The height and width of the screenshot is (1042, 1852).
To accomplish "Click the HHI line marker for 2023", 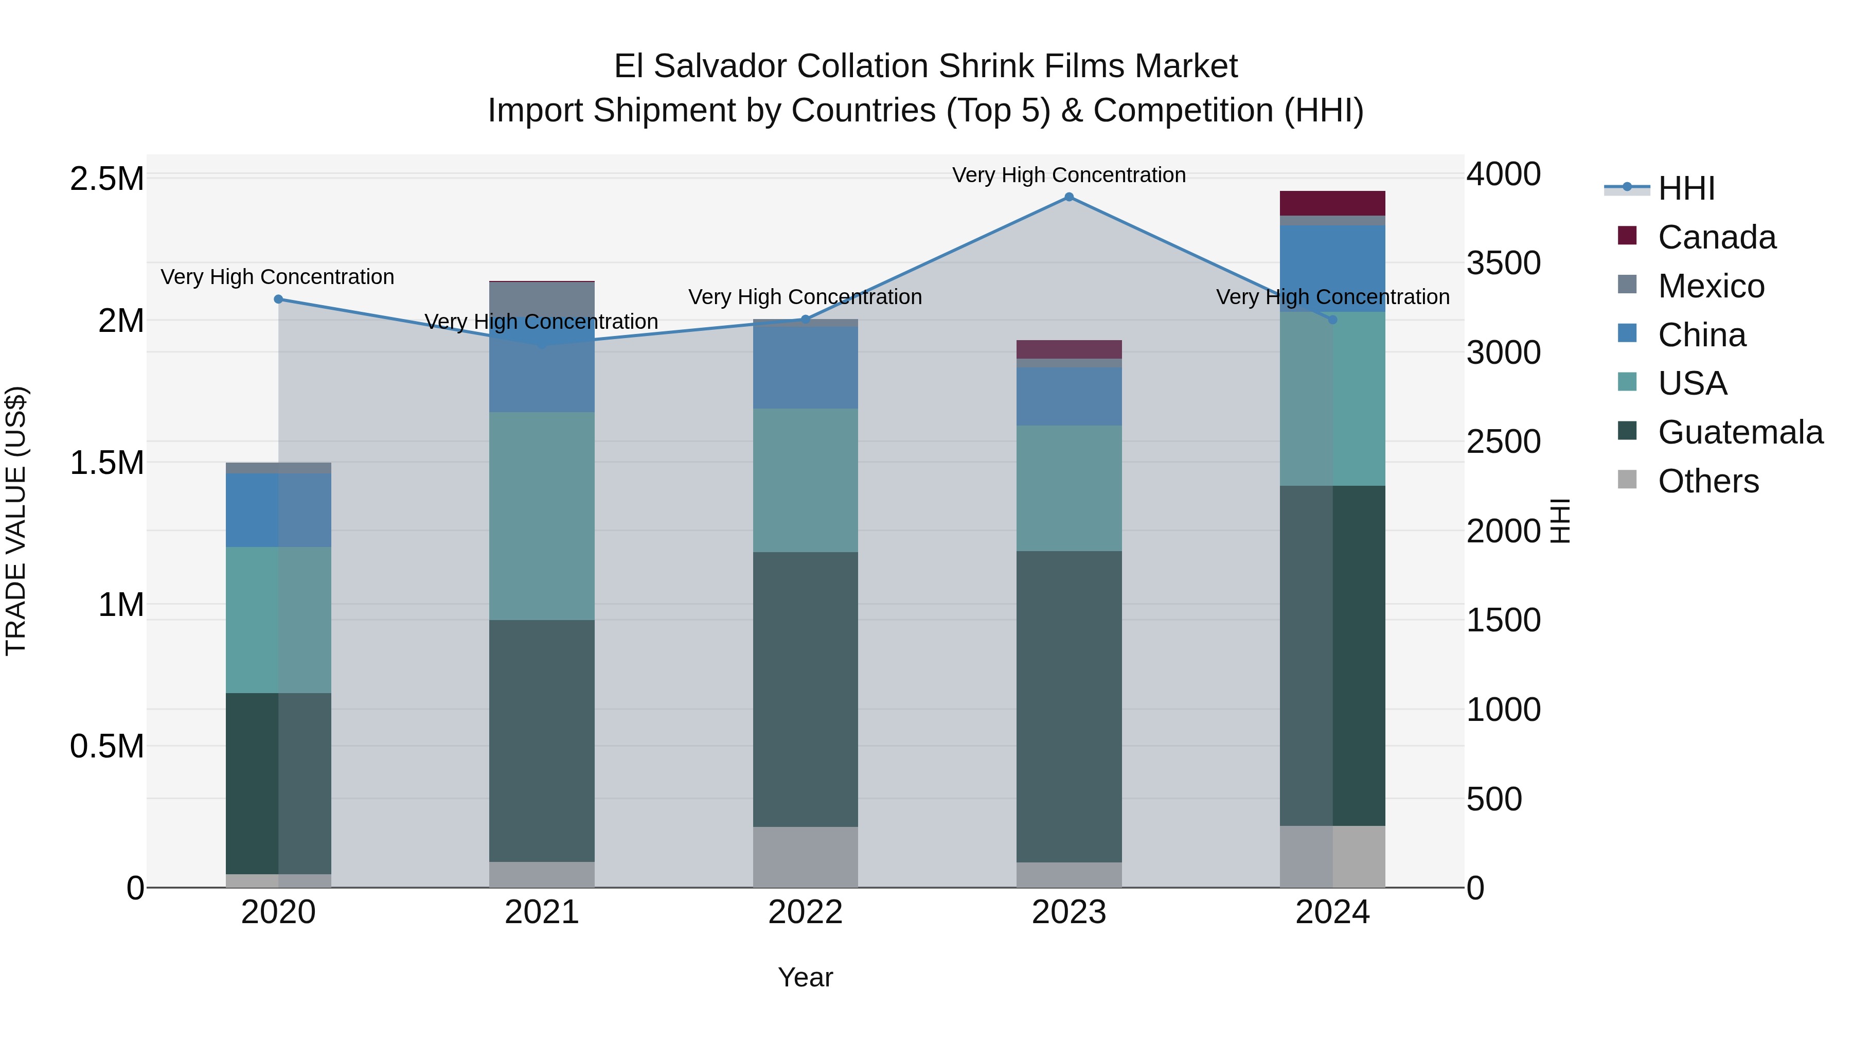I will point(1069,197).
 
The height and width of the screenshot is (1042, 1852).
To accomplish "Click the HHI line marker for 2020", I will point(278,299).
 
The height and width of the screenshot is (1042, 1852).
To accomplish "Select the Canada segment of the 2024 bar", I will point(1332,203).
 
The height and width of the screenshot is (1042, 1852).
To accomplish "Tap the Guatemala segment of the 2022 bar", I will point(805,689).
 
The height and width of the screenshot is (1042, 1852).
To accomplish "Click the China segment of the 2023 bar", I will point(1069,396).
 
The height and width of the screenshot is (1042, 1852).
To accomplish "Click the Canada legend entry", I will point(1716,237).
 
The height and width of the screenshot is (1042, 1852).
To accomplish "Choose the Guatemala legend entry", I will point(1740,432).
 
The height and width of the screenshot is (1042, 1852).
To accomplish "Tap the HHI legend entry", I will point(1686,188).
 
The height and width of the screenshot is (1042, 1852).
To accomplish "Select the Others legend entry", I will point(1707,481).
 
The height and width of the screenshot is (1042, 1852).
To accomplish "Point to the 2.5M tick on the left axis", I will point(106,179).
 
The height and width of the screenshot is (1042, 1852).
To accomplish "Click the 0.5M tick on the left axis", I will point(106,747).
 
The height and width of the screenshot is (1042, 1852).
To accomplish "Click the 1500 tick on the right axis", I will point(1503,620).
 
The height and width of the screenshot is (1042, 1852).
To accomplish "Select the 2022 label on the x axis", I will point(805,912).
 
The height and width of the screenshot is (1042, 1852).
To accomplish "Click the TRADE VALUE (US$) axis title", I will point(16,521).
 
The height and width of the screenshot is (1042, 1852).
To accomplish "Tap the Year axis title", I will point(805,977).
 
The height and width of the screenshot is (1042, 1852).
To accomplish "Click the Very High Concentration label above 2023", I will point(1069,175).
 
